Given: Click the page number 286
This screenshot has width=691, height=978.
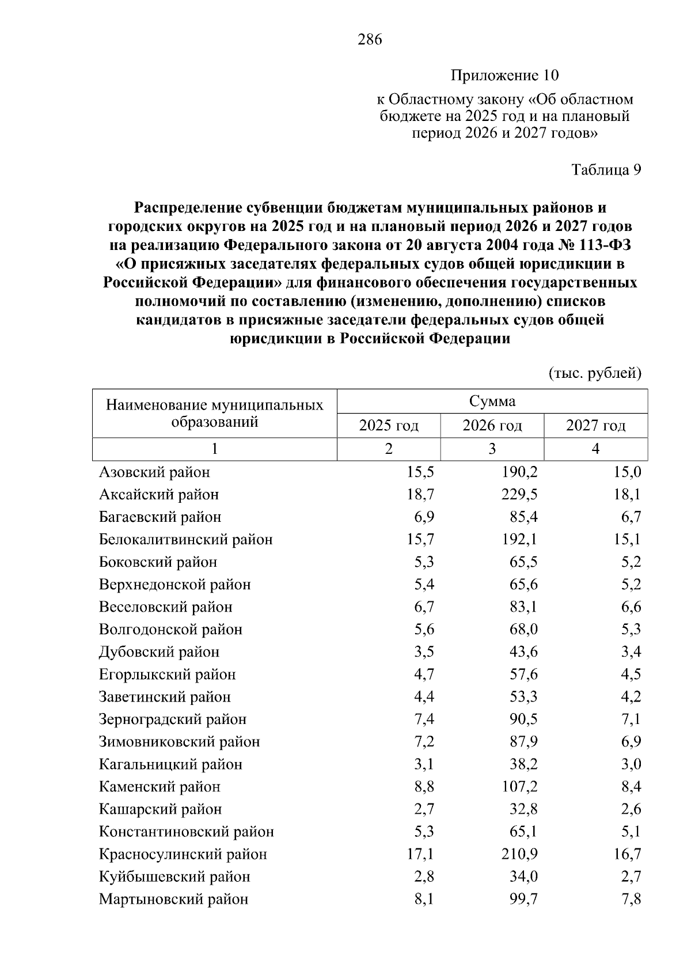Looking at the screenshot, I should point(370,40).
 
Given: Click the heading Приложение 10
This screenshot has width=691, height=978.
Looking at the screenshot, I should point(504,75).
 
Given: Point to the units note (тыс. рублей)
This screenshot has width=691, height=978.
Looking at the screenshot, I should point(595,373).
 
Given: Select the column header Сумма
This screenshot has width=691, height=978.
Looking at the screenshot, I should point(492,401).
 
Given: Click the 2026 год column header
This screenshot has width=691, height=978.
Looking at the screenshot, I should point(492,426).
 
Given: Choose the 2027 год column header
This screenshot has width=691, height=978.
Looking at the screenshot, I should point(595,426).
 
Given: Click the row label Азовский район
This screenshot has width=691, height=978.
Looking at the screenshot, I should point(154,473).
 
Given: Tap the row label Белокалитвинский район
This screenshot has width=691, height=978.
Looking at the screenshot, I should point(185,540).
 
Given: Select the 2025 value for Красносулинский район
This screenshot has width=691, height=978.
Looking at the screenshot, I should point(420,855).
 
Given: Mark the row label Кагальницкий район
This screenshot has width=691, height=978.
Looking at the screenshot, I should point(170,765).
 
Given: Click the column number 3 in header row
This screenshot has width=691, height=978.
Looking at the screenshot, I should point(492,449).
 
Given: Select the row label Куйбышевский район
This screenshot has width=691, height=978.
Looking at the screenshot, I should point(174,877).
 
